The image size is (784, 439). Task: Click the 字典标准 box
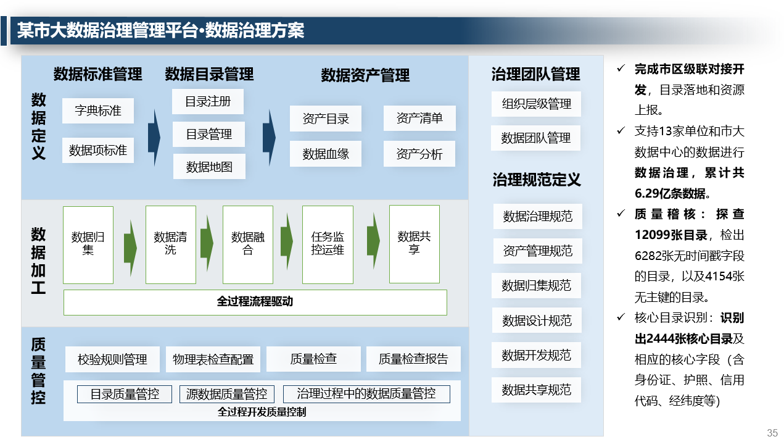pyautogui.click(x=98, y=111)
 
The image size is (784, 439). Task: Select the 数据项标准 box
pyautogui.click(x=98, y=150)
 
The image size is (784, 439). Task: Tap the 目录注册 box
pyautogui.click(x=208, y=102)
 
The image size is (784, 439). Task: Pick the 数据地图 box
pyautogui.click(x=209, y=167)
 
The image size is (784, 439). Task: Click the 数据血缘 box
pyautogui.click(x=326, y=154)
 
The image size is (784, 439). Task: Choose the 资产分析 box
pyautogui.click(x=419, y=154)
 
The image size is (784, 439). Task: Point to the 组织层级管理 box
pyautogui.click(x=536, y=104)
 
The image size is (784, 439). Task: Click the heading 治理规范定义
pyautogui.click(x=537, y=180)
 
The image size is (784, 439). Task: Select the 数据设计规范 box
pyautogui.click(x=537, y=320)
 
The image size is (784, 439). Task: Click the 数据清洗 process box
pyautogui.click(x=171, y=245)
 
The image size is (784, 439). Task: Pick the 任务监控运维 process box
pyautogui.click(x=328, y=245)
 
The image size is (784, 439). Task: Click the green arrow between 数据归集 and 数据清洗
pyautogui.click(x=130, y=248)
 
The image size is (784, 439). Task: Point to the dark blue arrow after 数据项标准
pyautogui.click(x=154, y=137)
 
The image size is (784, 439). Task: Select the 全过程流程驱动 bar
pyautogui.click(x=255, y=303)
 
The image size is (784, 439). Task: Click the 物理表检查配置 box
pyautogui.click(x=213, y=359)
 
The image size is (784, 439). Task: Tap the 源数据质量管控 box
pyautogui.click(x=227, y=394)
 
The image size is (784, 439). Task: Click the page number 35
pyautogui.click(x=772, y=433)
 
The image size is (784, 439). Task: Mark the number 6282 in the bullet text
pyautogui.click(x=648, y=256)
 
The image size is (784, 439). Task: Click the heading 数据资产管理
pyautogui.click(x=365, y=75)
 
